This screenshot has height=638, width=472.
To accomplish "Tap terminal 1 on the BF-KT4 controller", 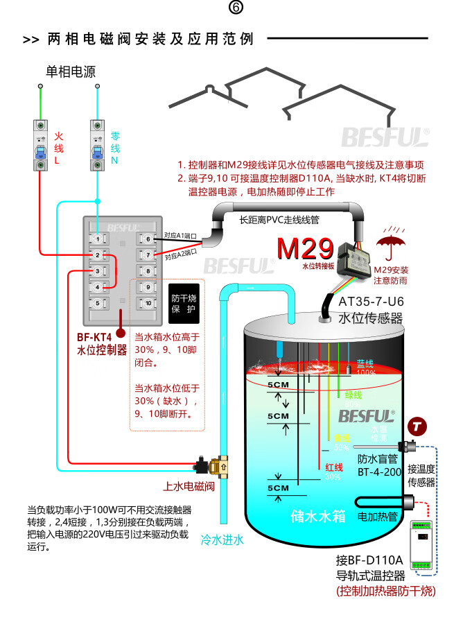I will [x=98, y=239].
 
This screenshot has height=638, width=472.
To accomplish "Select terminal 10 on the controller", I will [x=148, y=303].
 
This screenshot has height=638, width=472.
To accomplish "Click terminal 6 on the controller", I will [x=148, y=239].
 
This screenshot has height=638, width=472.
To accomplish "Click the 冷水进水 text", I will [x=222, y=539].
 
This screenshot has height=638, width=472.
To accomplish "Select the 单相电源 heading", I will [x=70, y=71].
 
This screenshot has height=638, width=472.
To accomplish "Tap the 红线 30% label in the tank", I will [x=333, y=472].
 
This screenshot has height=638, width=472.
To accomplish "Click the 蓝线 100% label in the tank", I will [x=365, y=368].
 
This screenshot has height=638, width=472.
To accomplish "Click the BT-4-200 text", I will [x=379, y=472].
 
